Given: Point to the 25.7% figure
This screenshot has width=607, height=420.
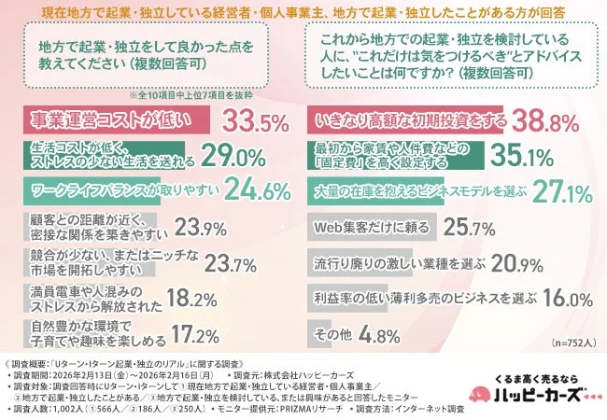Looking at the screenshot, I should tap(466, 227).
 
